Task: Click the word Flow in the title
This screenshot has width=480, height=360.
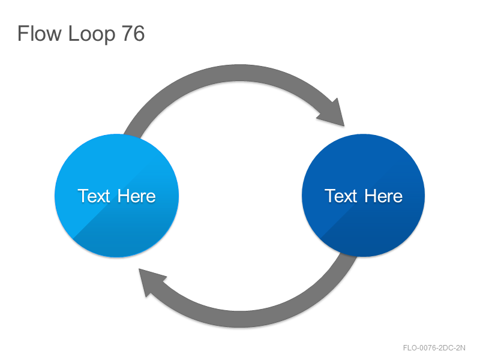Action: (40, 33)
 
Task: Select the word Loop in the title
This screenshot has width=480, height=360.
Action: (92, 35)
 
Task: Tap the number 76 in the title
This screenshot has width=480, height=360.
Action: (133, 33)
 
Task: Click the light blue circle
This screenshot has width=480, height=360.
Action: (116, 196)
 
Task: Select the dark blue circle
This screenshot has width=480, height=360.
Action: (364, 196)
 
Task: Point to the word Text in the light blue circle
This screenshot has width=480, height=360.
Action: (94, 196)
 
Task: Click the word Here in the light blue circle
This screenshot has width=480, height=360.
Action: (137, 196)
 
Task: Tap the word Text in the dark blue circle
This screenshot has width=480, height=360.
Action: (341, 196)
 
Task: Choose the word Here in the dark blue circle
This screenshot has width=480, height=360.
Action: (383, 196)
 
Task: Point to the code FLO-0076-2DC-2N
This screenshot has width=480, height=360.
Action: (434, 348)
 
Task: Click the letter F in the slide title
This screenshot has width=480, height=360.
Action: (23, 33)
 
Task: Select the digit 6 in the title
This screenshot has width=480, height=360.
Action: (139, 33)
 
